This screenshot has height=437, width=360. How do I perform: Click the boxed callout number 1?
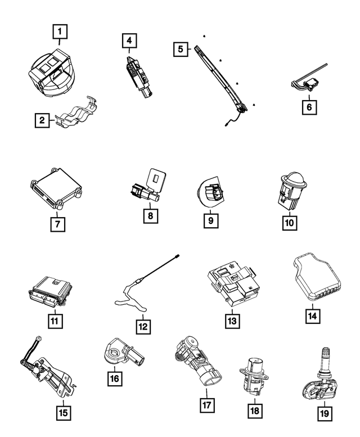point(60,31)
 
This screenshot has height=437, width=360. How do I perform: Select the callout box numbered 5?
point(180,49)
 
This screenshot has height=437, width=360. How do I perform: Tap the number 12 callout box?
point(143,327)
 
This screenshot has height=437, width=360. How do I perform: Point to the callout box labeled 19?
point(325,413)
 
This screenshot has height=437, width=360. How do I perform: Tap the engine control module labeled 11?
point(51,291)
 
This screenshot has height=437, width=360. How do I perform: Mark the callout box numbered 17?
point(207,405)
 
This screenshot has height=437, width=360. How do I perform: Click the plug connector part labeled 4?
point(139,76)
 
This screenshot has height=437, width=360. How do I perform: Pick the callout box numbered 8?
point(151,216)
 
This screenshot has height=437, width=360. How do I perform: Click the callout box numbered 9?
point(211,220)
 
